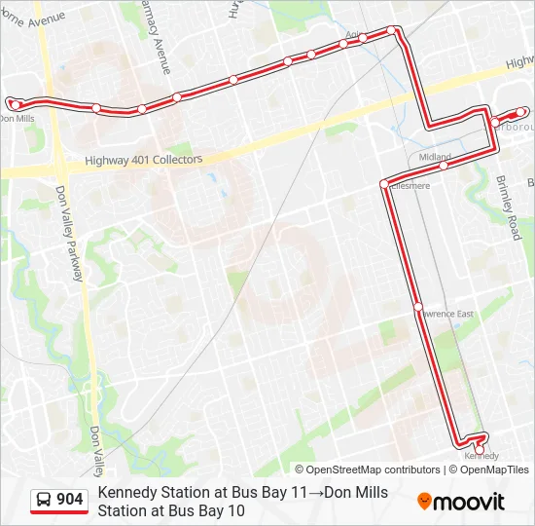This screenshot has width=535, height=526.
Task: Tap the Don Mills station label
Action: [x=17, y=119]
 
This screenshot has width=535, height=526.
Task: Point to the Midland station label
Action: [x=435, y=157]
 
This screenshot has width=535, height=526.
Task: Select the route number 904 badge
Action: [x=70, y=500]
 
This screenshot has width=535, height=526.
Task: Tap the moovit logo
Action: [x=461, y=502]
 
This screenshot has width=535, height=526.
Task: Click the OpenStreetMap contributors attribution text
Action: [x=368, y=470]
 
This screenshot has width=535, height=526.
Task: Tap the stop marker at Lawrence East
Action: [x=418, y=307]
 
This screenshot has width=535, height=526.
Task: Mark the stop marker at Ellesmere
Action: [x=384, y=183]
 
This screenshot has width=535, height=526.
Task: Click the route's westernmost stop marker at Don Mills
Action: [x=14, y=103]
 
